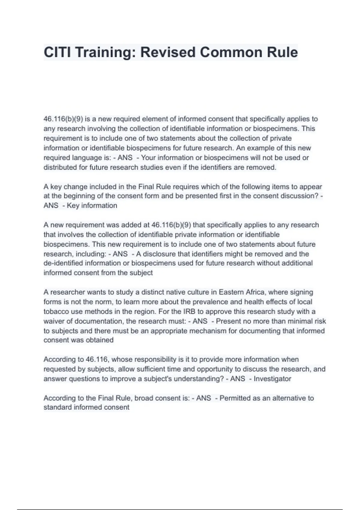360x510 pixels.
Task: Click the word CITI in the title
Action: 58,52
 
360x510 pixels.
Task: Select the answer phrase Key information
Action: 92,205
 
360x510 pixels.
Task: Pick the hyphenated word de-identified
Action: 63,263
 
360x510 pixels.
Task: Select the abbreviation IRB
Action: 189,311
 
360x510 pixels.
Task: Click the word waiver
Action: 54,321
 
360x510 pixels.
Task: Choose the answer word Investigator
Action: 272,379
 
